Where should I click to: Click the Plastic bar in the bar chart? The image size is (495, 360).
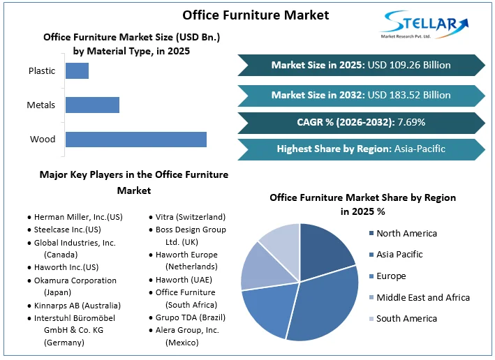pyautogui.click(x=77, y=70)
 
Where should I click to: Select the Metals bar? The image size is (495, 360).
pyautogui.click(x=92, y=105)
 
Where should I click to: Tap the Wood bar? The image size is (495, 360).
pyautogui.click(x=135, y=139)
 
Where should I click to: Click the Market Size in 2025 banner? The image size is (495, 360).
pyautogui.click(x=361, y=65)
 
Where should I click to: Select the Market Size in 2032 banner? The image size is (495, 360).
pyautogui.click(x=361, y=94)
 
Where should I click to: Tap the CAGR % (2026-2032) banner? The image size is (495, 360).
pyautogui.click(x=361, y=122)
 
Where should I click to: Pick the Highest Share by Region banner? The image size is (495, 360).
pyautogui.click(x=361, y=149)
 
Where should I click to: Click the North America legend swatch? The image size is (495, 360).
pyautogui.click(x=369, y=234)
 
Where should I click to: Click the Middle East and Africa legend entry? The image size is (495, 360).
pyautogui.click(x=422, y=297)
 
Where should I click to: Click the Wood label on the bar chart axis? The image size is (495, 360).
pyautogui.click(x=43, y=140)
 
